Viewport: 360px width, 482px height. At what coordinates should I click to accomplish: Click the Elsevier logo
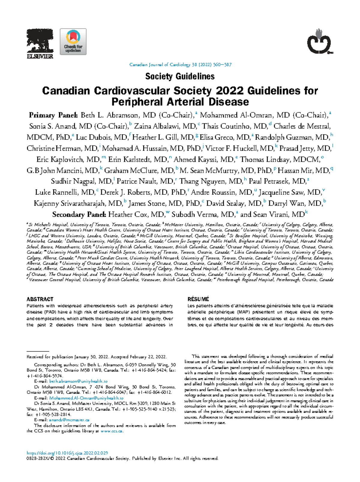40,44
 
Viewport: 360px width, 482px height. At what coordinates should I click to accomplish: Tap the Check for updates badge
73,42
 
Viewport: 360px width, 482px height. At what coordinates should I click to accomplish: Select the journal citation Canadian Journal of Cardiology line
180,65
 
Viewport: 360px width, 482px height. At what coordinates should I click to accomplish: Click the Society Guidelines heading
180,77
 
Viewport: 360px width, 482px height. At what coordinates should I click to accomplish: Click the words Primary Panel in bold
53,115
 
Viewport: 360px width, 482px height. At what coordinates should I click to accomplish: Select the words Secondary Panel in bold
79,215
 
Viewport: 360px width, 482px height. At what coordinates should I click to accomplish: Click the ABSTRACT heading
40,299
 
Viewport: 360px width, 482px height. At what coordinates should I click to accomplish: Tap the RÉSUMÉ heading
198,299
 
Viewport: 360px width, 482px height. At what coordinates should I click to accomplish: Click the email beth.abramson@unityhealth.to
78,381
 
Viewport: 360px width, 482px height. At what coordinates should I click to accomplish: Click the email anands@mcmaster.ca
69,420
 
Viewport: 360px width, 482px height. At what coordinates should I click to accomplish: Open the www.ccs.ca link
111,431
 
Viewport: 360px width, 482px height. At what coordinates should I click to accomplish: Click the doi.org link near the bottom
67,453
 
